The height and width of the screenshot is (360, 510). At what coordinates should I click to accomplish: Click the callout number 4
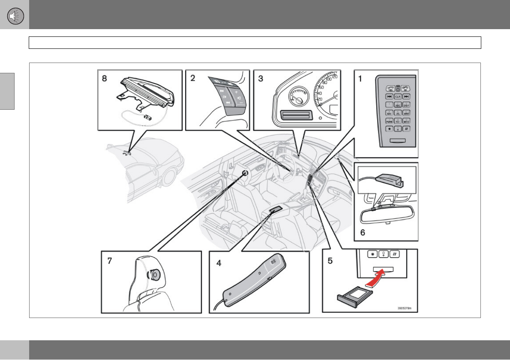click(219, 263)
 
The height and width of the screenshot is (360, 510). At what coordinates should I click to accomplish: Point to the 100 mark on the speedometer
click(330, 80)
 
